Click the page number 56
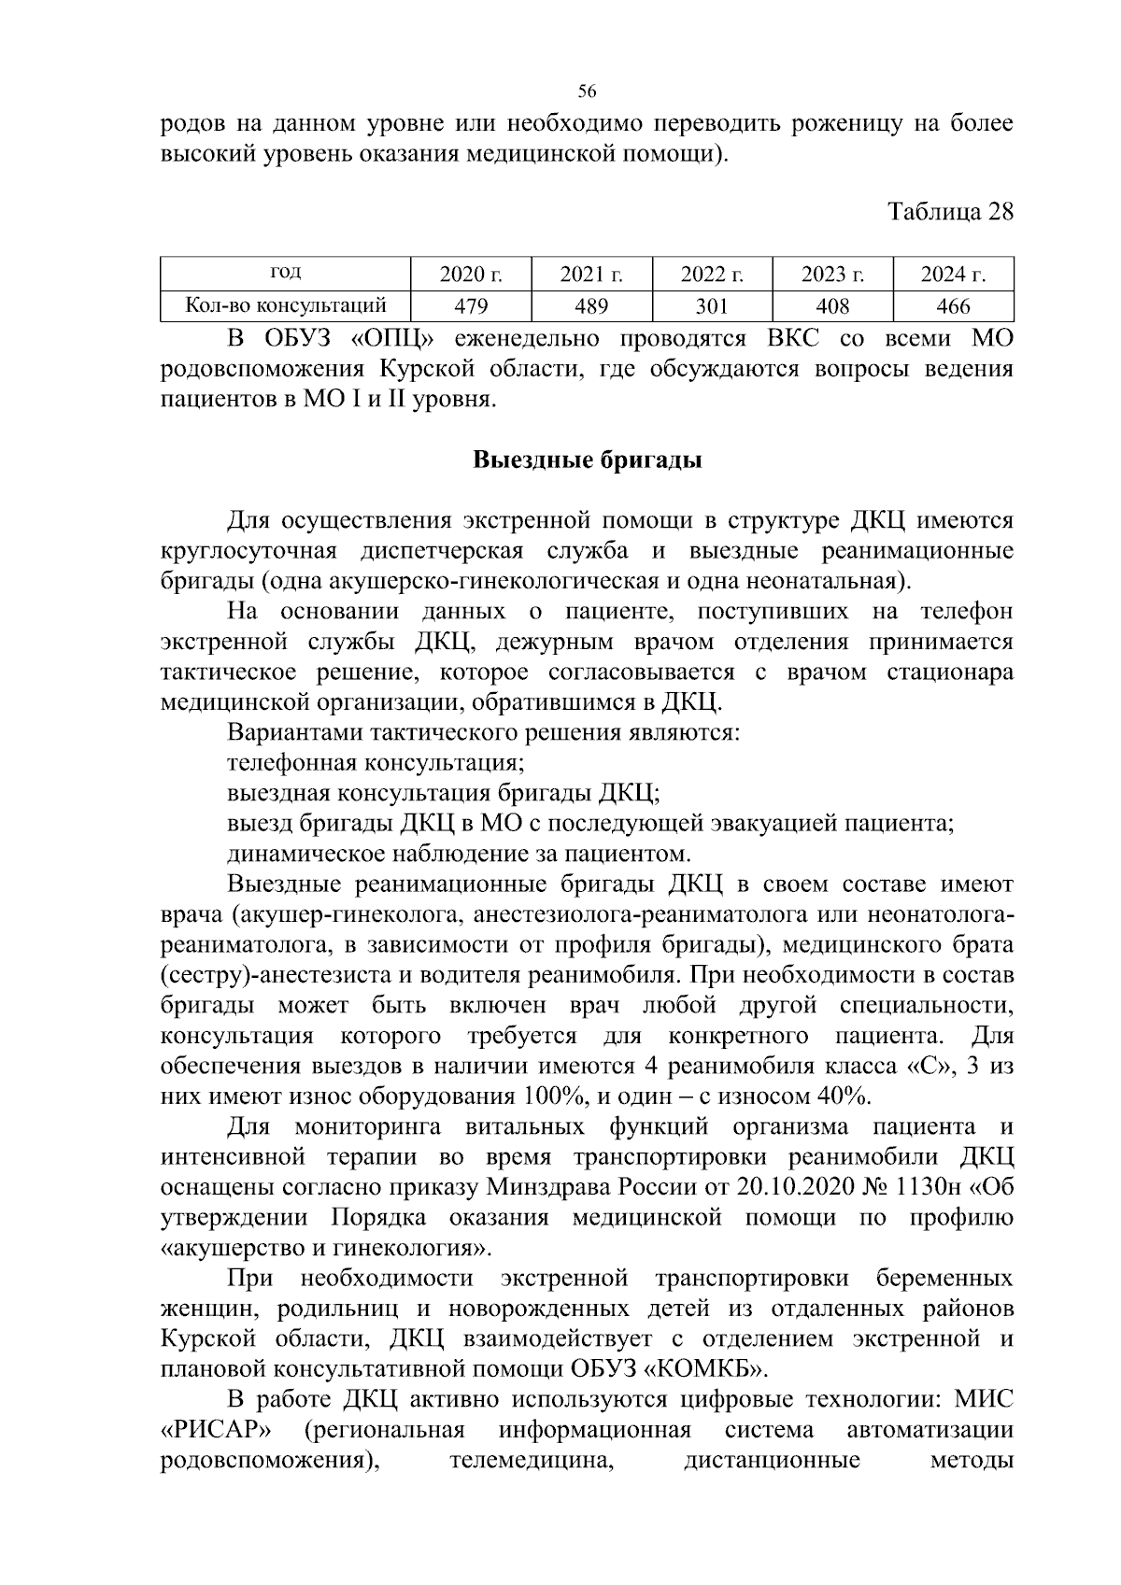tap(587, 92)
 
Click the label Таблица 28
tap(950, 212)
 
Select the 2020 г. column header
tap(471, 275)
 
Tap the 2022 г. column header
tap(712, 275)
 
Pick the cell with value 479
tap(471, 305)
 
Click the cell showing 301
tap(712, 305)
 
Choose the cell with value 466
tap(953, 305)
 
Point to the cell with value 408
tap(832, 305)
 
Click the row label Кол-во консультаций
tap(286, 304)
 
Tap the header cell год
tap(286, 273)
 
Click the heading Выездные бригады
tap(587, 460)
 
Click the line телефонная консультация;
tap(376, 763)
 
